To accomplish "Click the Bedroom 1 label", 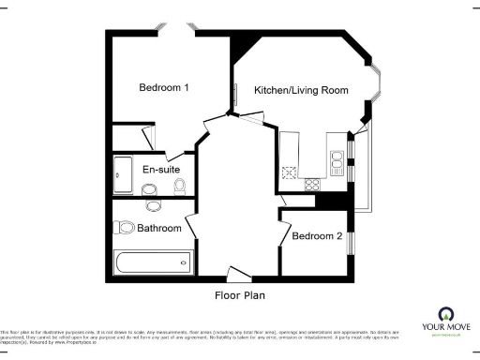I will click(x=164, y=88).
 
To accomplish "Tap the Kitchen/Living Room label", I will click(x=302, y=91).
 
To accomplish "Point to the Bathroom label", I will click(x=158, y=228).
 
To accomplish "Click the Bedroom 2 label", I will click(x=317, y=236).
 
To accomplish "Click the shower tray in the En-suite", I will click(x=123, y=175).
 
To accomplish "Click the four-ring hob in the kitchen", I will click(x=290, y=172).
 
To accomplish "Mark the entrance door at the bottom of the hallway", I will click(x=239, y=274).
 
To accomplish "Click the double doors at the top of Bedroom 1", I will click(x=178, y=31).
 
